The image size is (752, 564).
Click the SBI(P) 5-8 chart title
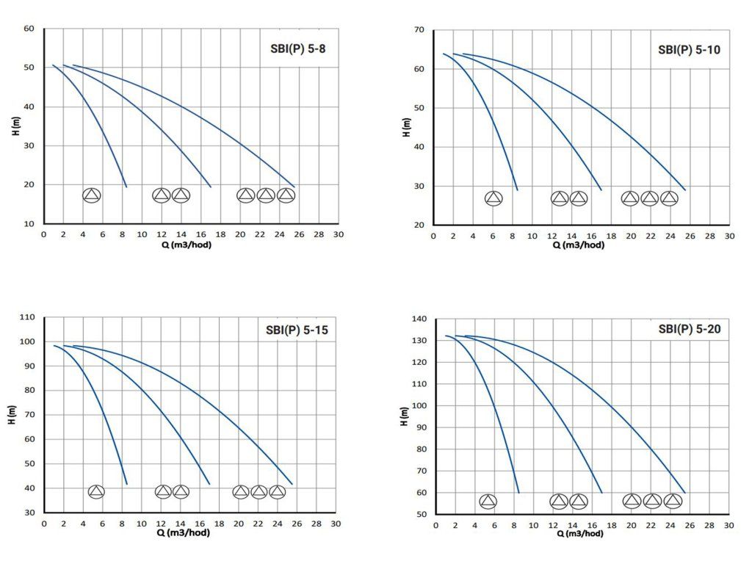(x=297, y=50)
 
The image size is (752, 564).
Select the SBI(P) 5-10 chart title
(x=688, y=51)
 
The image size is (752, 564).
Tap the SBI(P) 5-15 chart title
(x=297, y=330)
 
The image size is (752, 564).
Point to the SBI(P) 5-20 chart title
(x=690, y=329)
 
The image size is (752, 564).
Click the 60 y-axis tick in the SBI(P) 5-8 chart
(x=29, y=29)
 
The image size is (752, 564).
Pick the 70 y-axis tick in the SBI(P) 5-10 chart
(x=420, y=30)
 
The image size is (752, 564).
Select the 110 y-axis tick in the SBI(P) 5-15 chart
(x=27, y=317)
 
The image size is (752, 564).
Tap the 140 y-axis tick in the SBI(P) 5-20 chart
(x=419, y=319)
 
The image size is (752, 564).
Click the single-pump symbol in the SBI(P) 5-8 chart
(x=91, y=195)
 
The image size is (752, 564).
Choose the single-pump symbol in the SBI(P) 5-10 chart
(x=494, y=198)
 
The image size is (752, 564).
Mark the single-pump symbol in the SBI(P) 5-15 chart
(x=96, y=492)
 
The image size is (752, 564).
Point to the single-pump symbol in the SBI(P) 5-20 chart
(x=488, y=502)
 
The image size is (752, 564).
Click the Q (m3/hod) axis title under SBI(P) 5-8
(x=187, y=245)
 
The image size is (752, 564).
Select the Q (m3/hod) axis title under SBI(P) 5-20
(x=579, y=534)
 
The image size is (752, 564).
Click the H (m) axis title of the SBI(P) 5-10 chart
(x=406, y=127)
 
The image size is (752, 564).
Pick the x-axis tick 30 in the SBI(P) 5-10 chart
(x=729, y=236)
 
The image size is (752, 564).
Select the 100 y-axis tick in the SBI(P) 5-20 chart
(x=419, y=406)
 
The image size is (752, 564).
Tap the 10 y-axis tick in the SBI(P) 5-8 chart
(x=29, y=223)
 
